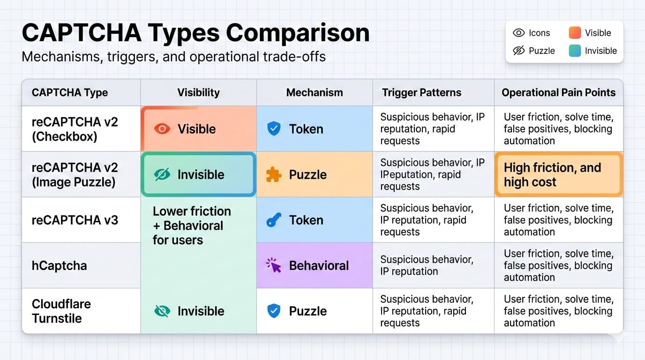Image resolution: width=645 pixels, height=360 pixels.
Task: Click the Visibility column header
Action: (198, 92)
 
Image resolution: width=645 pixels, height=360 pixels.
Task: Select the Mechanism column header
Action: (315, 92)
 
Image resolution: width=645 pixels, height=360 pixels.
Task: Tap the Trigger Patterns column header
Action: (421, 92)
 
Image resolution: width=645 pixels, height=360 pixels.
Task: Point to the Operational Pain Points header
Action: (559, 92)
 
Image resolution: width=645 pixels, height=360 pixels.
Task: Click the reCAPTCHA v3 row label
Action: (75, 220)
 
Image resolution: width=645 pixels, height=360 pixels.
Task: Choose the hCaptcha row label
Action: (59, 265)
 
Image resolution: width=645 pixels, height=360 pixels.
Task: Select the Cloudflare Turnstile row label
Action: (61, 311)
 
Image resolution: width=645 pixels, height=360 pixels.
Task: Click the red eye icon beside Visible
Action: (162, 129)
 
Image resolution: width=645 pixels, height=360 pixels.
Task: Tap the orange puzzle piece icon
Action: (274, 174)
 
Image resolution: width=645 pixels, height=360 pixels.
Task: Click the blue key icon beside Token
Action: (274, 220)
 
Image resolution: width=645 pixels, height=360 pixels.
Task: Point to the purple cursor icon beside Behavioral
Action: (274, 265)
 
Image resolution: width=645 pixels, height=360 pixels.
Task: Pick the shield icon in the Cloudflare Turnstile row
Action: (274, 311)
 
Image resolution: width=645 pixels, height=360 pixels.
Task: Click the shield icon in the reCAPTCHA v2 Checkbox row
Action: (274, 128)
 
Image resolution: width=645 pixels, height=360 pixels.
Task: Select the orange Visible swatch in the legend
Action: (575, 32)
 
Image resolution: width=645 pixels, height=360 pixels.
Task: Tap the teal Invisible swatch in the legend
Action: (575, 51)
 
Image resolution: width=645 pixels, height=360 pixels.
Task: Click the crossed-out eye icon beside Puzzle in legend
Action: (519, 51)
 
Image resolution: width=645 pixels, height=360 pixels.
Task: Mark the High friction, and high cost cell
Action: (559, 174)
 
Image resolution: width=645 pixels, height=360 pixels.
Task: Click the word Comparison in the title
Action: (298, 33)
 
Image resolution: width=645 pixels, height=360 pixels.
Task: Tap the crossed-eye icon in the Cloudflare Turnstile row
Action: (162, 311)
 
